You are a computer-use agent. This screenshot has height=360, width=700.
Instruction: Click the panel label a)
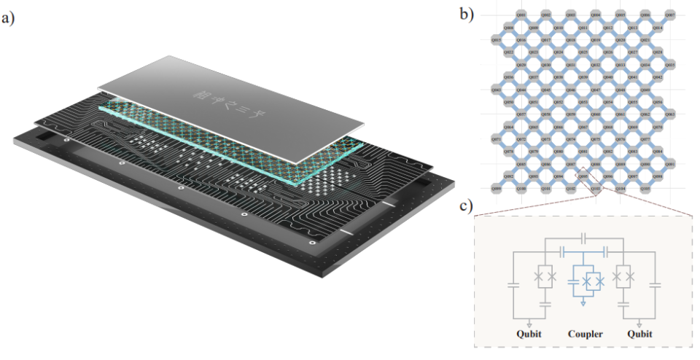point(9,19)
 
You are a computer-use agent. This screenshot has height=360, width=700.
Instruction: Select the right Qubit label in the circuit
point(639,335)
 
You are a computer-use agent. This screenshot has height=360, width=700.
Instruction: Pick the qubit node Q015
point(497,39)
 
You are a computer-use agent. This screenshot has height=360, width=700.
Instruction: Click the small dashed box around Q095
point(583,176)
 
